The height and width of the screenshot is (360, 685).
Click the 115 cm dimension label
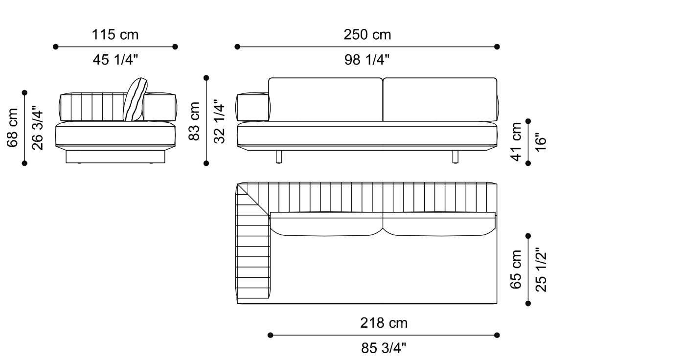coord(115,35)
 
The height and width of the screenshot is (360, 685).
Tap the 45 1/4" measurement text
coord(115,60)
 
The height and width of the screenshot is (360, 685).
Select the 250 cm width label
coord(367,35)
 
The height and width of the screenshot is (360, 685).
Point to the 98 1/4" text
coord(367,60)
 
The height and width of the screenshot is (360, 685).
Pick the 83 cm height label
coord(195,121)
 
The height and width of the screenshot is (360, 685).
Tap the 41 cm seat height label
coord(516,142)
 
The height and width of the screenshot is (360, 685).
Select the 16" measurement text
coord(540,142)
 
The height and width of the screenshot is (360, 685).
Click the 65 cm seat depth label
coord(516,270)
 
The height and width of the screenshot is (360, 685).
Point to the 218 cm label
coord(384,323)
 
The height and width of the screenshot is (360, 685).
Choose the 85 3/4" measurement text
coord(384,348)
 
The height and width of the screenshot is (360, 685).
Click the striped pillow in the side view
coord(135,100)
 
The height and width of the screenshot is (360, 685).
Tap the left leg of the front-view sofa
coord(279,156)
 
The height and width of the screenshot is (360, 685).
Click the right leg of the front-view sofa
coord(455,156)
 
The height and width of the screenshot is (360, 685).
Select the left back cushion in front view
coord(325,99)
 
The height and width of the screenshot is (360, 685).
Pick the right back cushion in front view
coord(439,99)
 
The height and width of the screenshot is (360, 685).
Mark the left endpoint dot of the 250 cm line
coord(237,47)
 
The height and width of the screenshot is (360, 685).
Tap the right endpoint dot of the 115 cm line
coord(175,47)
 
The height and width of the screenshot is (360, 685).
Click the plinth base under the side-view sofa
coord(115,157)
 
